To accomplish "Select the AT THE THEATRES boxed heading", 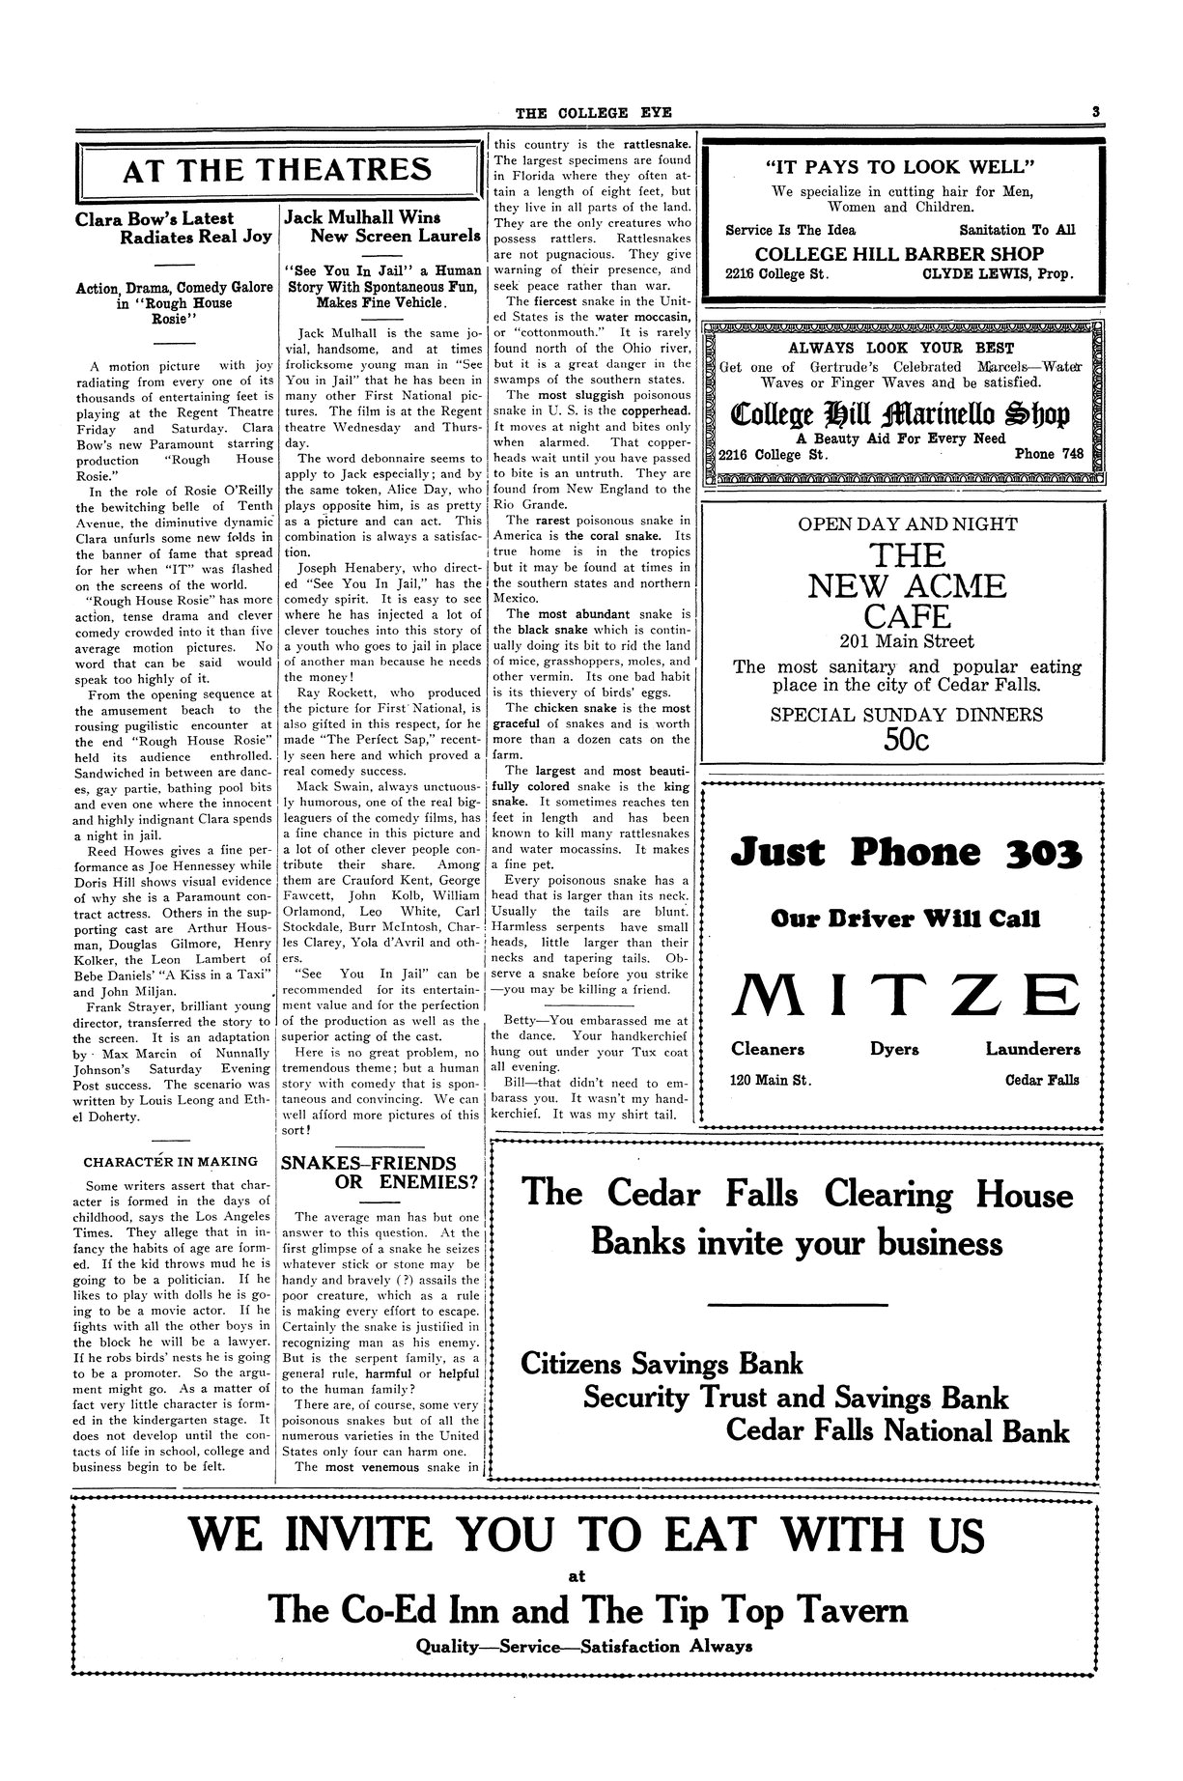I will (277, 171).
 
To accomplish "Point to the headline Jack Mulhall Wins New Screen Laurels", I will (381, 227).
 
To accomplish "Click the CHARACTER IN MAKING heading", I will (171, 1161).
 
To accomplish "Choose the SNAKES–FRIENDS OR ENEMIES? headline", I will (380, 1172).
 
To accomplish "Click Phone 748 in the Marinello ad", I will (1049, 453).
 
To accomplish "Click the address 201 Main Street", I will (906, 641).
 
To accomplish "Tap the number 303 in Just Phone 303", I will (1037, 854).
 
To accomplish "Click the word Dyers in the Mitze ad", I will (894, 1049).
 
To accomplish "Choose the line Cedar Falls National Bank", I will (897, 1430).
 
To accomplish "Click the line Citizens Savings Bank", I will (662, 1364).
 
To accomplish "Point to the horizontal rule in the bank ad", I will (797, 1305).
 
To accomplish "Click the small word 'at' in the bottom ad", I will (577, 1577).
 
